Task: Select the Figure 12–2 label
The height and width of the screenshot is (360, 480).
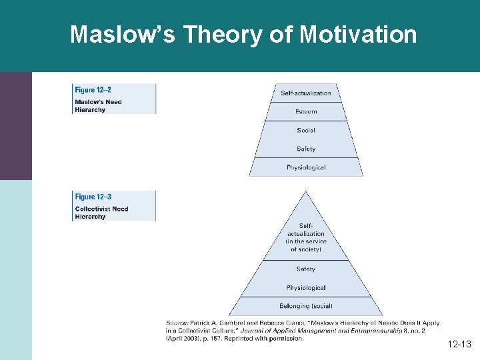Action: pos(93,89)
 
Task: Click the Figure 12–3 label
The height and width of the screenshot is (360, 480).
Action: pos(93,197)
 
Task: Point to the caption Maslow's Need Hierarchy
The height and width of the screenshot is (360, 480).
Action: pos(98,106)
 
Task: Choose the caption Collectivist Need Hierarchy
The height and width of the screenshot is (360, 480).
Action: pos(101,213)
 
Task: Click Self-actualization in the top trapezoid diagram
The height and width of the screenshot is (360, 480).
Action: pos(306,93)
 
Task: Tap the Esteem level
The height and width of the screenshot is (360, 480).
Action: pos(306,111)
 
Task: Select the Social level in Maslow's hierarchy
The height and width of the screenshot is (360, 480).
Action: pos(306,130)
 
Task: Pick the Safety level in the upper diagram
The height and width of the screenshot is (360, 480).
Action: pos(306,149)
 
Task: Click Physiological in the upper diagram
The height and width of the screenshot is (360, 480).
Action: pos(306,167)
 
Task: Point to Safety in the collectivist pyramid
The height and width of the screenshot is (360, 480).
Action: pos(306,269)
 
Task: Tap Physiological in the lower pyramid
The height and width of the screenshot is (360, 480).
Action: pos(306,288)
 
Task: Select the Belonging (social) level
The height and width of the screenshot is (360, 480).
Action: pos(306,307)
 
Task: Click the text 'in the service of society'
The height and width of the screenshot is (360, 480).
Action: pos(306,245)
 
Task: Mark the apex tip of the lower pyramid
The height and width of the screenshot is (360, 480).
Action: pos(306,191)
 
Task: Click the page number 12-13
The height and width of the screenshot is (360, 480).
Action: pos(459,345)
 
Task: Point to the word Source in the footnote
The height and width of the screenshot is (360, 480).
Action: pos(176,323)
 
